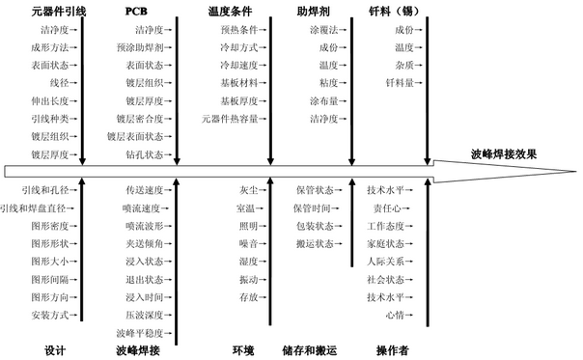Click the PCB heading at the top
pos(137,13)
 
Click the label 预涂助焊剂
pos(140,47)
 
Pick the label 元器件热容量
pos(230,119)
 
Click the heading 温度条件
pos(230,13)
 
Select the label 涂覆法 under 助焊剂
pos(324,30)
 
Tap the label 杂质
pos(403,65)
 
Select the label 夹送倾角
pos(145,243)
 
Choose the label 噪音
pos(248,243)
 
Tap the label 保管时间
pos(312,208)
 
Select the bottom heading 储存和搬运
pos(308,349)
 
